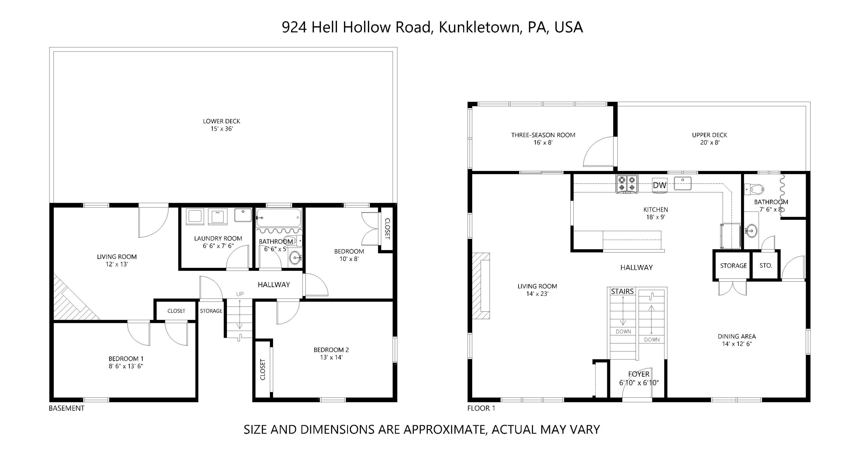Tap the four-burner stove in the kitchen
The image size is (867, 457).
627,184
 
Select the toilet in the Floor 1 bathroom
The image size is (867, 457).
755,189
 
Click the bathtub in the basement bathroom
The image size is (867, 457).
278,218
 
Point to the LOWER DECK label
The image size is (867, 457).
221,121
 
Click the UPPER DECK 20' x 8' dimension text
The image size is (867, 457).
709,142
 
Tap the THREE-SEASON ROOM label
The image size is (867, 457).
543,135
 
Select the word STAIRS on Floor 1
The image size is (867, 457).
622,291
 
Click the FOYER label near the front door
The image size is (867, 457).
638,374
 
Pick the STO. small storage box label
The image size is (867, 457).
766,265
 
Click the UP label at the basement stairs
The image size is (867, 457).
240,294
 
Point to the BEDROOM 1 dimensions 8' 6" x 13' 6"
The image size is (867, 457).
125,366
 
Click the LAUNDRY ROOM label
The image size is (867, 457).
218,239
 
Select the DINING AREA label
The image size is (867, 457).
737,336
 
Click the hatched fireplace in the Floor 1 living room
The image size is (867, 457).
480,285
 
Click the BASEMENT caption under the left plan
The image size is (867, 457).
67,408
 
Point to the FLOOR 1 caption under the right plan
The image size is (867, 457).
481,408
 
